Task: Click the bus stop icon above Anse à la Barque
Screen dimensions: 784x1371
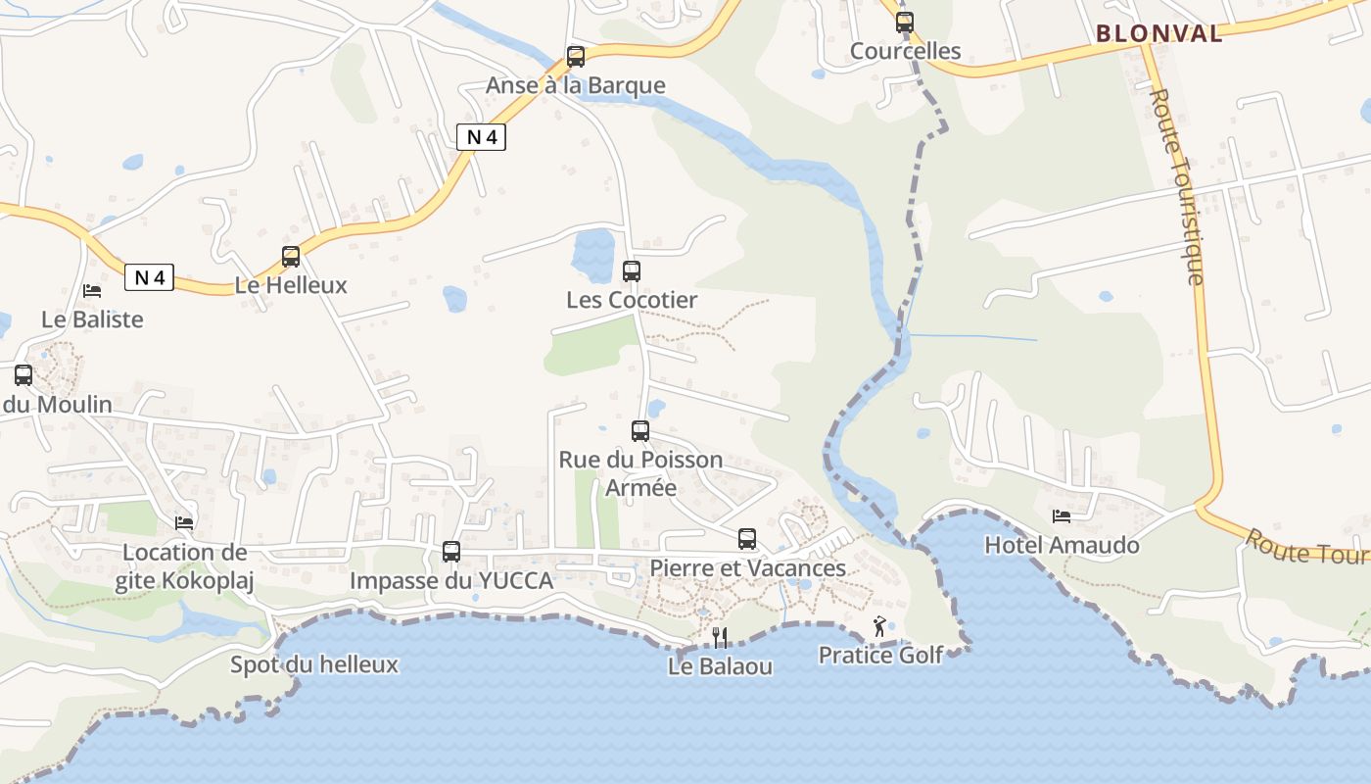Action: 576,57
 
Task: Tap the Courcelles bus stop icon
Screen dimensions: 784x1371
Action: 905,23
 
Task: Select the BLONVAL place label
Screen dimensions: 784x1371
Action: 1159,33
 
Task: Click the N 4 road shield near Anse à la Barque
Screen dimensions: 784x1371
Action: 481,137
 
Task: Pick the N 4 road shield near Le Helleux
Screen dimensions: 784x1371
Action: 149,277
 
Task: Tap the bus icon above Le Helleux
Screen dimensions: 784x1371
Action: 291,257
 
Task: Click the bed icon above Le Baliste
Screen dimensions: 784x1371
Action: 92,291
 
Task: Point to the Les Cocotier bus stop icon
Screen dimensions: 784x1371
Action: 632,271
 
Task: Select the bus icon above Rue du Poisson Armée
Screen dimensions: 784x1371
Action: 640,430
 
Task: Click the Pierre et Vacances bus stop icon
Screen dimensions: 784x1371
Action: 747,539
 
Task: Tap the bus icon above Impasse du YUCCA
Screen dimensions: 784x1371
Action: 451,552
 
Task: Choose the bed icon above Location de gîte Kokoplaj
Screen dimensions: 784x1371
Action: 184,523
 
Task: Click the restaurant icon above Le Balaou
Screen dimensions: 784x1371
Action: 720,638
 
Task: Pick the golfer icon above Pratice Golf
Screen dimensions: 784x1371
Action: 879,626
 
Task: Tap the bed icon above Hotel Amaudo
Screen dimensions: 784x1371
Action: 1062,516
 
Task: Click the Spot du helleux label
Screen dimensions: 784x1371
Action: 314,664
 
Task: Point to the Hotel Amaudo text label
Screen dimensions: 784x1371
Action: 1062,546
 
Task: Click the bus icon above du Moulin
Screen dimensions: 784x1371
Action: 24,375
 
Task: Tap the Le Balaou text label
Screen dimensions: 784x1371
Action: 720,666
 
